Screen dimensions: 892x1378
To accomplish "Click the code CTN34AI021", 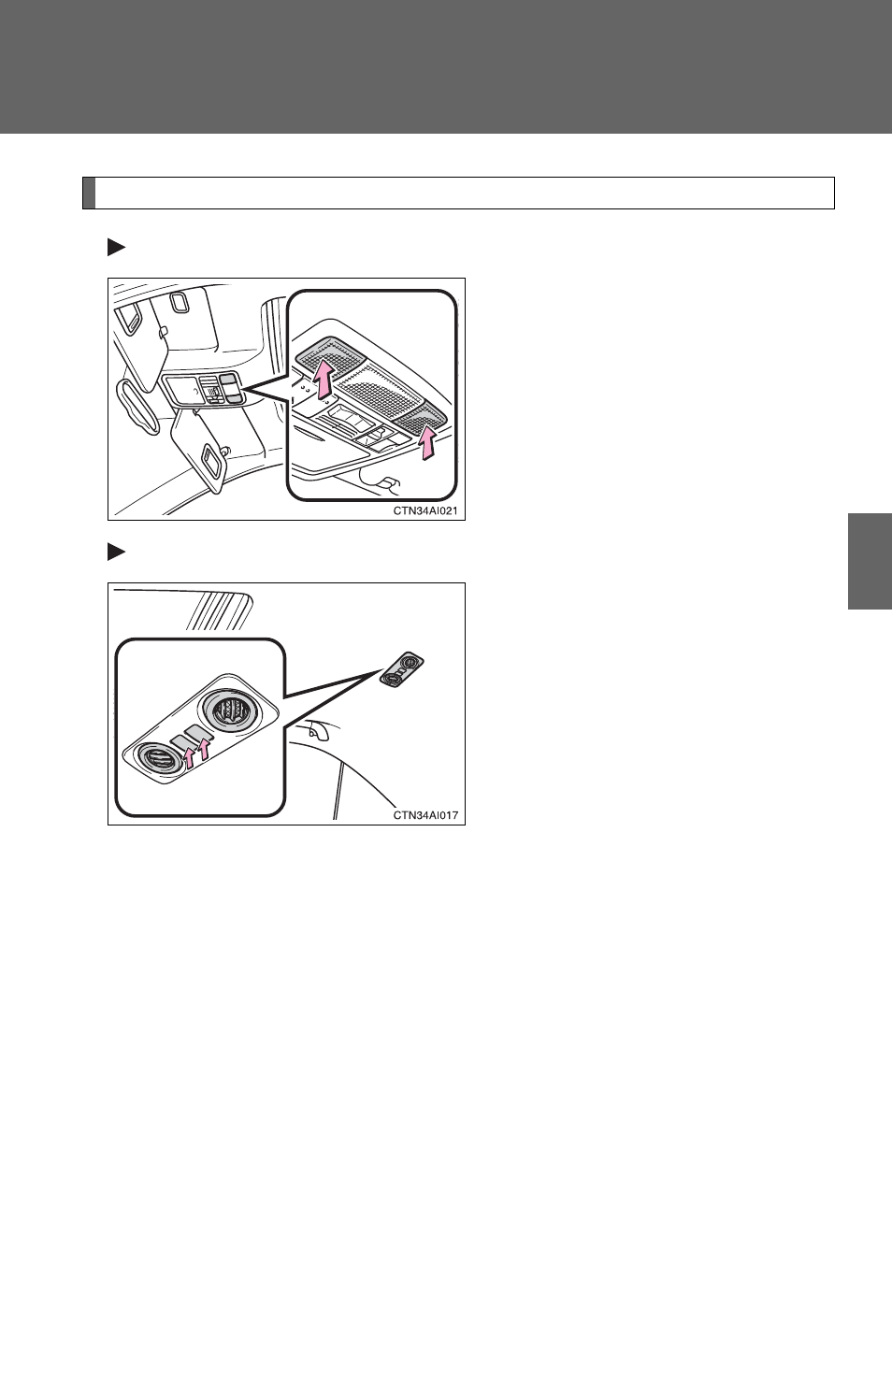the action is click(425, 510).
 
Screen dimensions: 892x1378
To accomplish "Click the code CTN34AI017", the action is click(425, 815).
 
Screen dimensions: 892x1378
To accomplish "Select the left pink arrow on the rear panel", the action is click(190, 756).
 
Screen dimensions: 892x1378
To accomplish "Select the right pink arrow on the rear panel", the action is click(205, 749).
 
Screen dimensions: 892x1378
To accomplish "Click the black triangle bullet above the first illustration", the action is click(116, 248).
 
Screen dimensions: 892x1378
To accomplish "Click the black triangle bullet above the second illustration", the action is click(116, 552).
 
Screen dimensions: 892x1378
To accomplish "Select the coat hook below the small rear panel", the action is click(317, 729).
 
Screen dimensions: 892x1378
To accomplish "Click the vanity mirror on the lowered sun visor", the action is click(211, 462).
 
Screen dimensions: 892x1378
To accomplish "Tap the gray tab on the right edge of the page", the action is click(870, 561).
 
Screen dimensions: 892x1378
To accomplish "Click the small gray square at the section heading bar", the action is click(89, 194).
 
